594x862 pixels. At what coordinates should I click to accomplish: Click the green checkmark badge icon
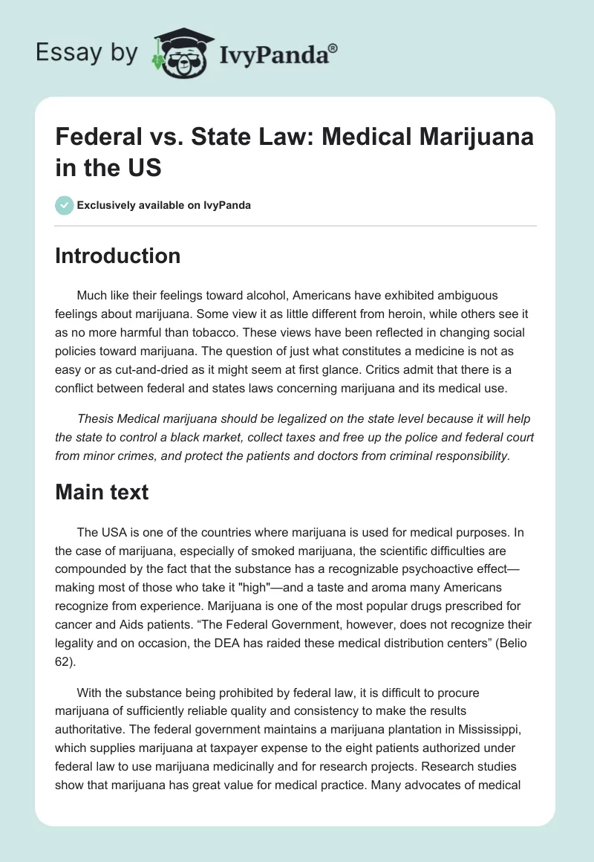tap(65, 205)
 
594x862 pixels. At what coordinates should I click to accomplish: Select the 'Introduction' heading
tap(118, 256)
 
